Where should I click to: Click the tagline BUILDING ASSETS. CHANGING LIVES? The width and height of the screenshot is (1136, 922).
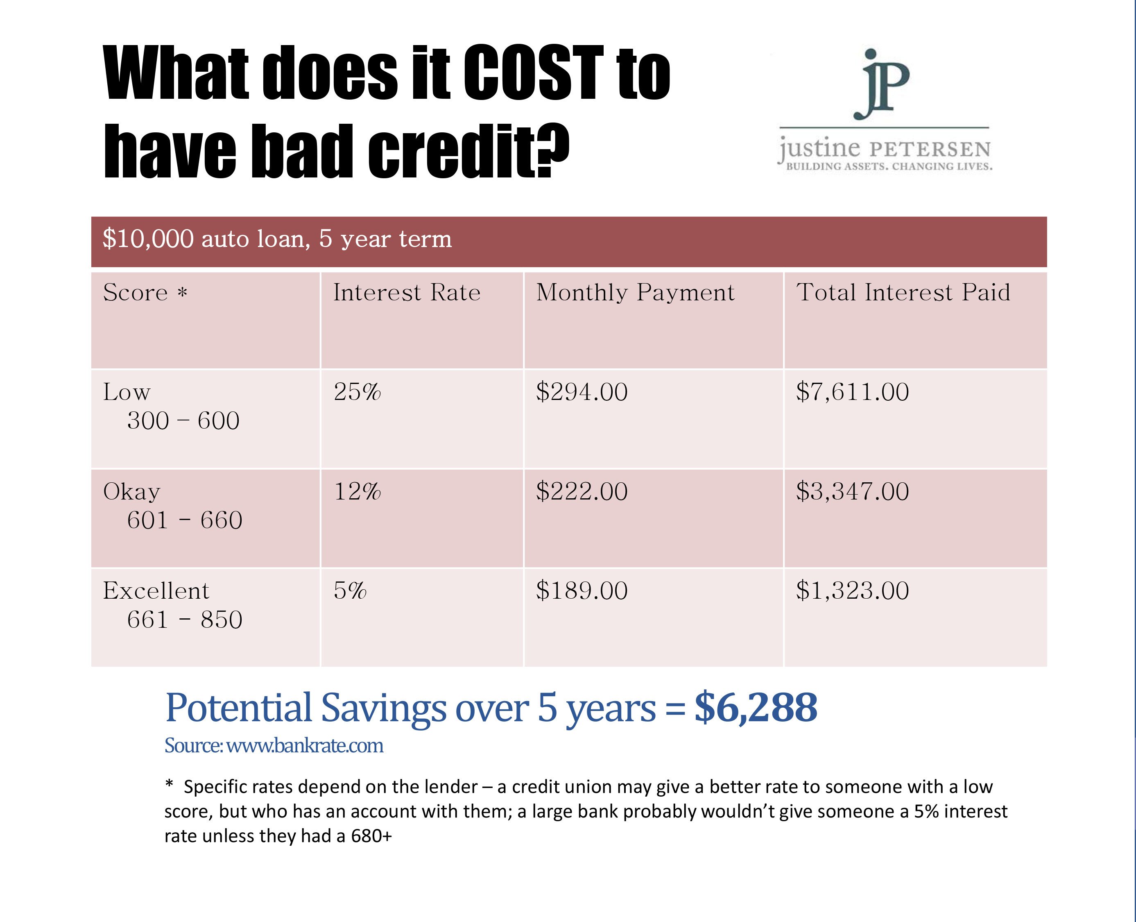pos(889,166)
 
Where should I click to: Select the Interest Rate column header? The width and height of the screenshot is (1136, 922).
pos(407,293)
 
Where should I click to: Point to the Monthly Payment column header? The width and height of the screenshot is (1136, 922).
pos(636,293)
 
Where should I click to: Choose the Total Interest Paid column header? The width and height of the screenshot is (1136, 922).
pos(903,293)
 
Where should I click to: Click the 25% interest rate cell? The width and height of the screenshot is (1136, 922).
pos(357,392)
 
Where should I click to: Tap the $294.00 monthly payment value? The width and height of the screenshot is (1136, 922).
pos(582,392)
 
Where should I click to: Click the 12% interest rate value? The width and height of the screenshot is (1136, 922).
pos(357,491)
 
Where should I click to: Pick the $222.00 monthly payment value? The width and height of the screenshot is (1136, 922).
pos(582,491)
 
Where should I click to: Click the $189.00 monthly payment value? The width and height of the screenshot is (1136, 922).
pos(582,590)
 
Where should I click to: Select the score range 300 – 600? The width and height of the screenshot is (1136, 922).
pos(183,420)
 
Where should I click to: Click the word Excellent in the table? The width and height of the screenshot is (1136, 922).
pos(156,590)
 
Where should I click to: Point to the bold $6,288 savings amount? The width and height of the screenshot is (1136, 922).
pos(756,707)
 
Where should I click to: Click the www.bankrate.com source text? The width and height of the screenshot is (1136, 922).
pos(305,746)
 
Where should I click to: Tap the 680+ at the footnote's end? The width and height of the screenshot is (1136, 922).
pos(371,836)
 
